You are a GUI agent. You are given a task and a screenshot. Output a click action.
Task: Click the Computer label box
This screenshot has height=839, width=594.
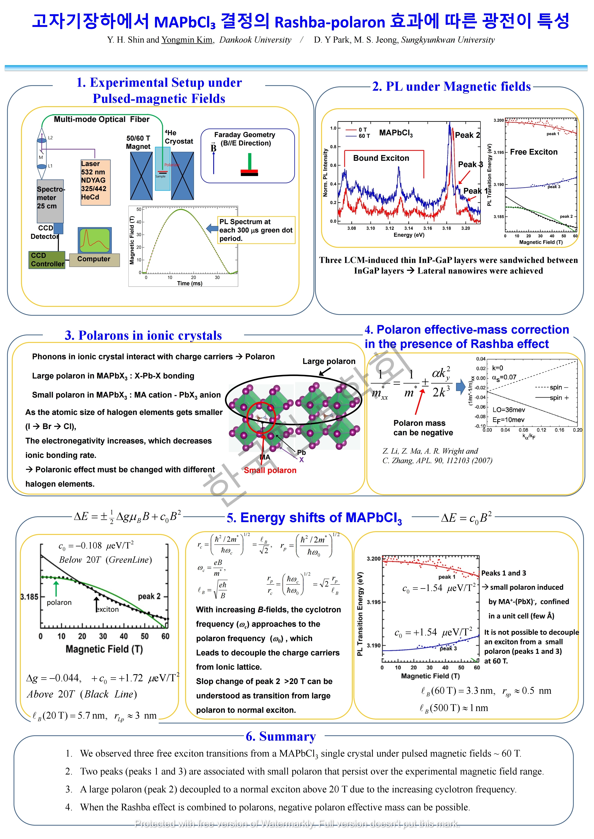pos(94,259)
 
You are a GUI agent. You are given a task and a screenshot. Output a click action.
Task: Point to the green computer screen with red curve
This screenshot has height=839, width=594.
pos(95,240)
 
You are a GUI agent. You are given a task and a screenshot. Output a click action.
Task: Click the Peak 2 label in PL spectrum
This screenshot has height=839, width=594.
pos(467,135)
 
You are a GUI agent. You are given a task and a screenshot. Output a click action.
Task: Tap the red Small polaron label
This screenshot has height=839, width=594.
pos(270,470)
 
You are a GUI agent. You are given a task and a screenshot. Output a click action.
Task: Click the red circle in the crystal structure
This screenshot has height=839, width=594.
pos(261,417)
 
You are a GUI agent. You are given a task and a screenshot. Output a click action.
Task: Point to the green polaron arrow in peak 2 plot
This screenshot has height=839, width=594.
pos(56,588)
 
